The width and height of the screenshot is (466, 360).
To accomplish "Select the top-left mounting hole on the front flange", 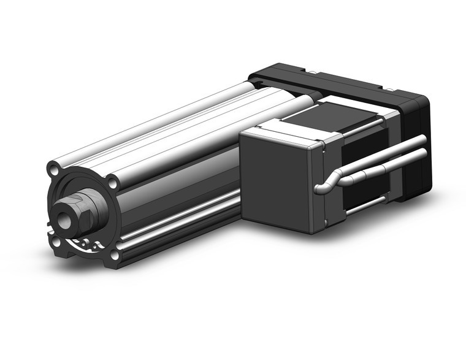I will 54,166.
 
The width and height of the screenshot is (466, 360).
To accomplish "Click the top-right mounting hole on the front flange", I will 113,182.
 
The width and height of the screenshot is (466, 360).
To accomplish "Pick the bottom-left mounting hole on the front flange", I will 56,242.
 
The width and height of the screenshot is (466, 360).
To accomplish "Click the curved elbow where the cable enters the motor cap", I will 323,185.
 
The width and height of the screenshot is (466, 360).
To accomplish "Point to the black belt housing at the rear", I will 343,89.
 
